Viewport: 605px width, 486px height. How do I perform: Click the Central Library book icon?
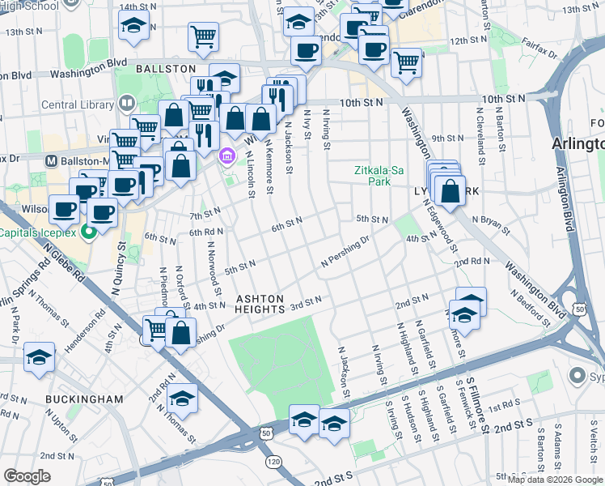127,104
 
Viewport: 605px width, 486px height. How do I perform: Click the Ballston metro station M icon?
52,160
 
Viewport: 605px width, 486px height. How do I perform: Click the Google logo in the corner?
27,476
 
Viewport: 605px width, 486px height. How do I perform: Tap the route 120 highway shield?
274,462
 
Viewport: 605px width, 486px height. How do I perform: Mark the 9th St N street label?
446,139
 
